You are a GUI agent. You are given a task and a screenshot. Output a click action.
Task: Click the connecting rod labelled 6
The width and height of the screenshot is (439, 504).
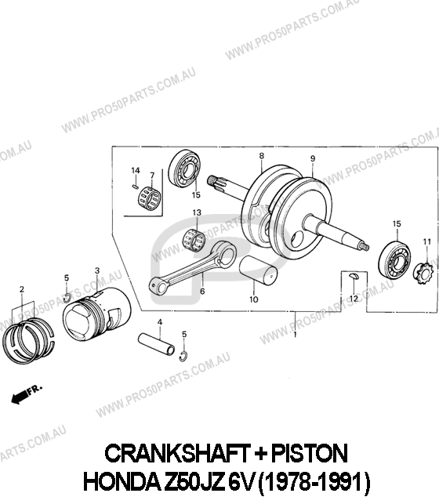(x=193, y=267)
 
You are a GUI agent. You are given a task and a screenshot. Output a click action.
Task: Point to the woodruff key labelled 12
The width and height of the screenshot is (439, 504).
(x=354, y=275)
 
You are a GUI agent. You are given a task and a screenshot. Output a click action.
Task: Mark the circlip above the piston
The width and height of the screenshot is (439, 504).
(x=66, y=298)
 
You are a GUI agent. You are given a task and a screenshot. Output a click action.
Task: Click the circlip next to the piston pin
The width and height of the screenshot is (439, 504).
(x=183, y=356)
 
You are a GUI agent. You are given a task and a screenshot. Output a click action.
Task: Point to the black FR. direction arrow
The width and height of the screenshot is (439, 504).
(x=20, y=397)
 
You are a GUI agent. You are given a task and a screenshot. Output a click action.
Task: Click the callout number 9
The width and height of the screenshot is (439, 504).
(x=313, y=158)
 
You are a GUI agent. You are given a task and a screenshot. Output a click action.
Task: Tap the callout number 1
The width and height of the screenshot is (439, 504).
(x=295, y=335)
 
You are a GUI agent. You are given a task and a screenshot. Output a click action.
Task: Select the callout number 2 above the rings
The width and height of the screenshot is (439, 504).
(x=22, y=289)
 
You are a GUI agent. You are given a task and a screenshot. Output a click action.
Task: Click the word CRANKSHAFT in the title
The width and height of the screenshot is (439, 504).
(x=178, y=453)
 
